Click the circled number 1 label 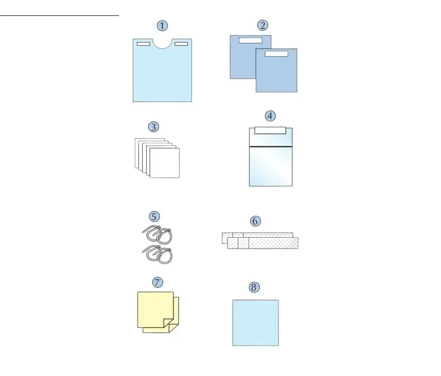point(162,26)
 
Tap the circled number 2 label point(262,25)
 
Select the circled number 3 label point(153,127)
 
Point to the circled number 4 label point(270,116)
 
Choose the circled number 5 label point(154,216)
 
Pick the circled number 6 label point(255,221)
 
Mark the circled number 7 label point(157,283)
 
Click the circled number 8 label point(254,287)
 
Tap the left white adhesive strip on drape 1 point(144,44)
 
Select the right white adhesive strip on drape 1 point(181,44)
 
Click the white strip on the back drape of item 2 point(251,41)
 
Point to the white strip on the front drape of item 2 point(276,53)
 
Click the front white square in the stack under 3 point(165,163)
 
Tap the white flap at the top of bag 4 point(270,130)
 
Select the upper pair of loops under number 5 point(157,234)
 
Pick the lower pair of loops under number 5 point(157,254)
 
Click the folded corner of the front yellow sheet point(168,323)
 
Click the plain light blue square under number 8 point(256,323)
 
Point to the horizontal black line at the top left point(59,16)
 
